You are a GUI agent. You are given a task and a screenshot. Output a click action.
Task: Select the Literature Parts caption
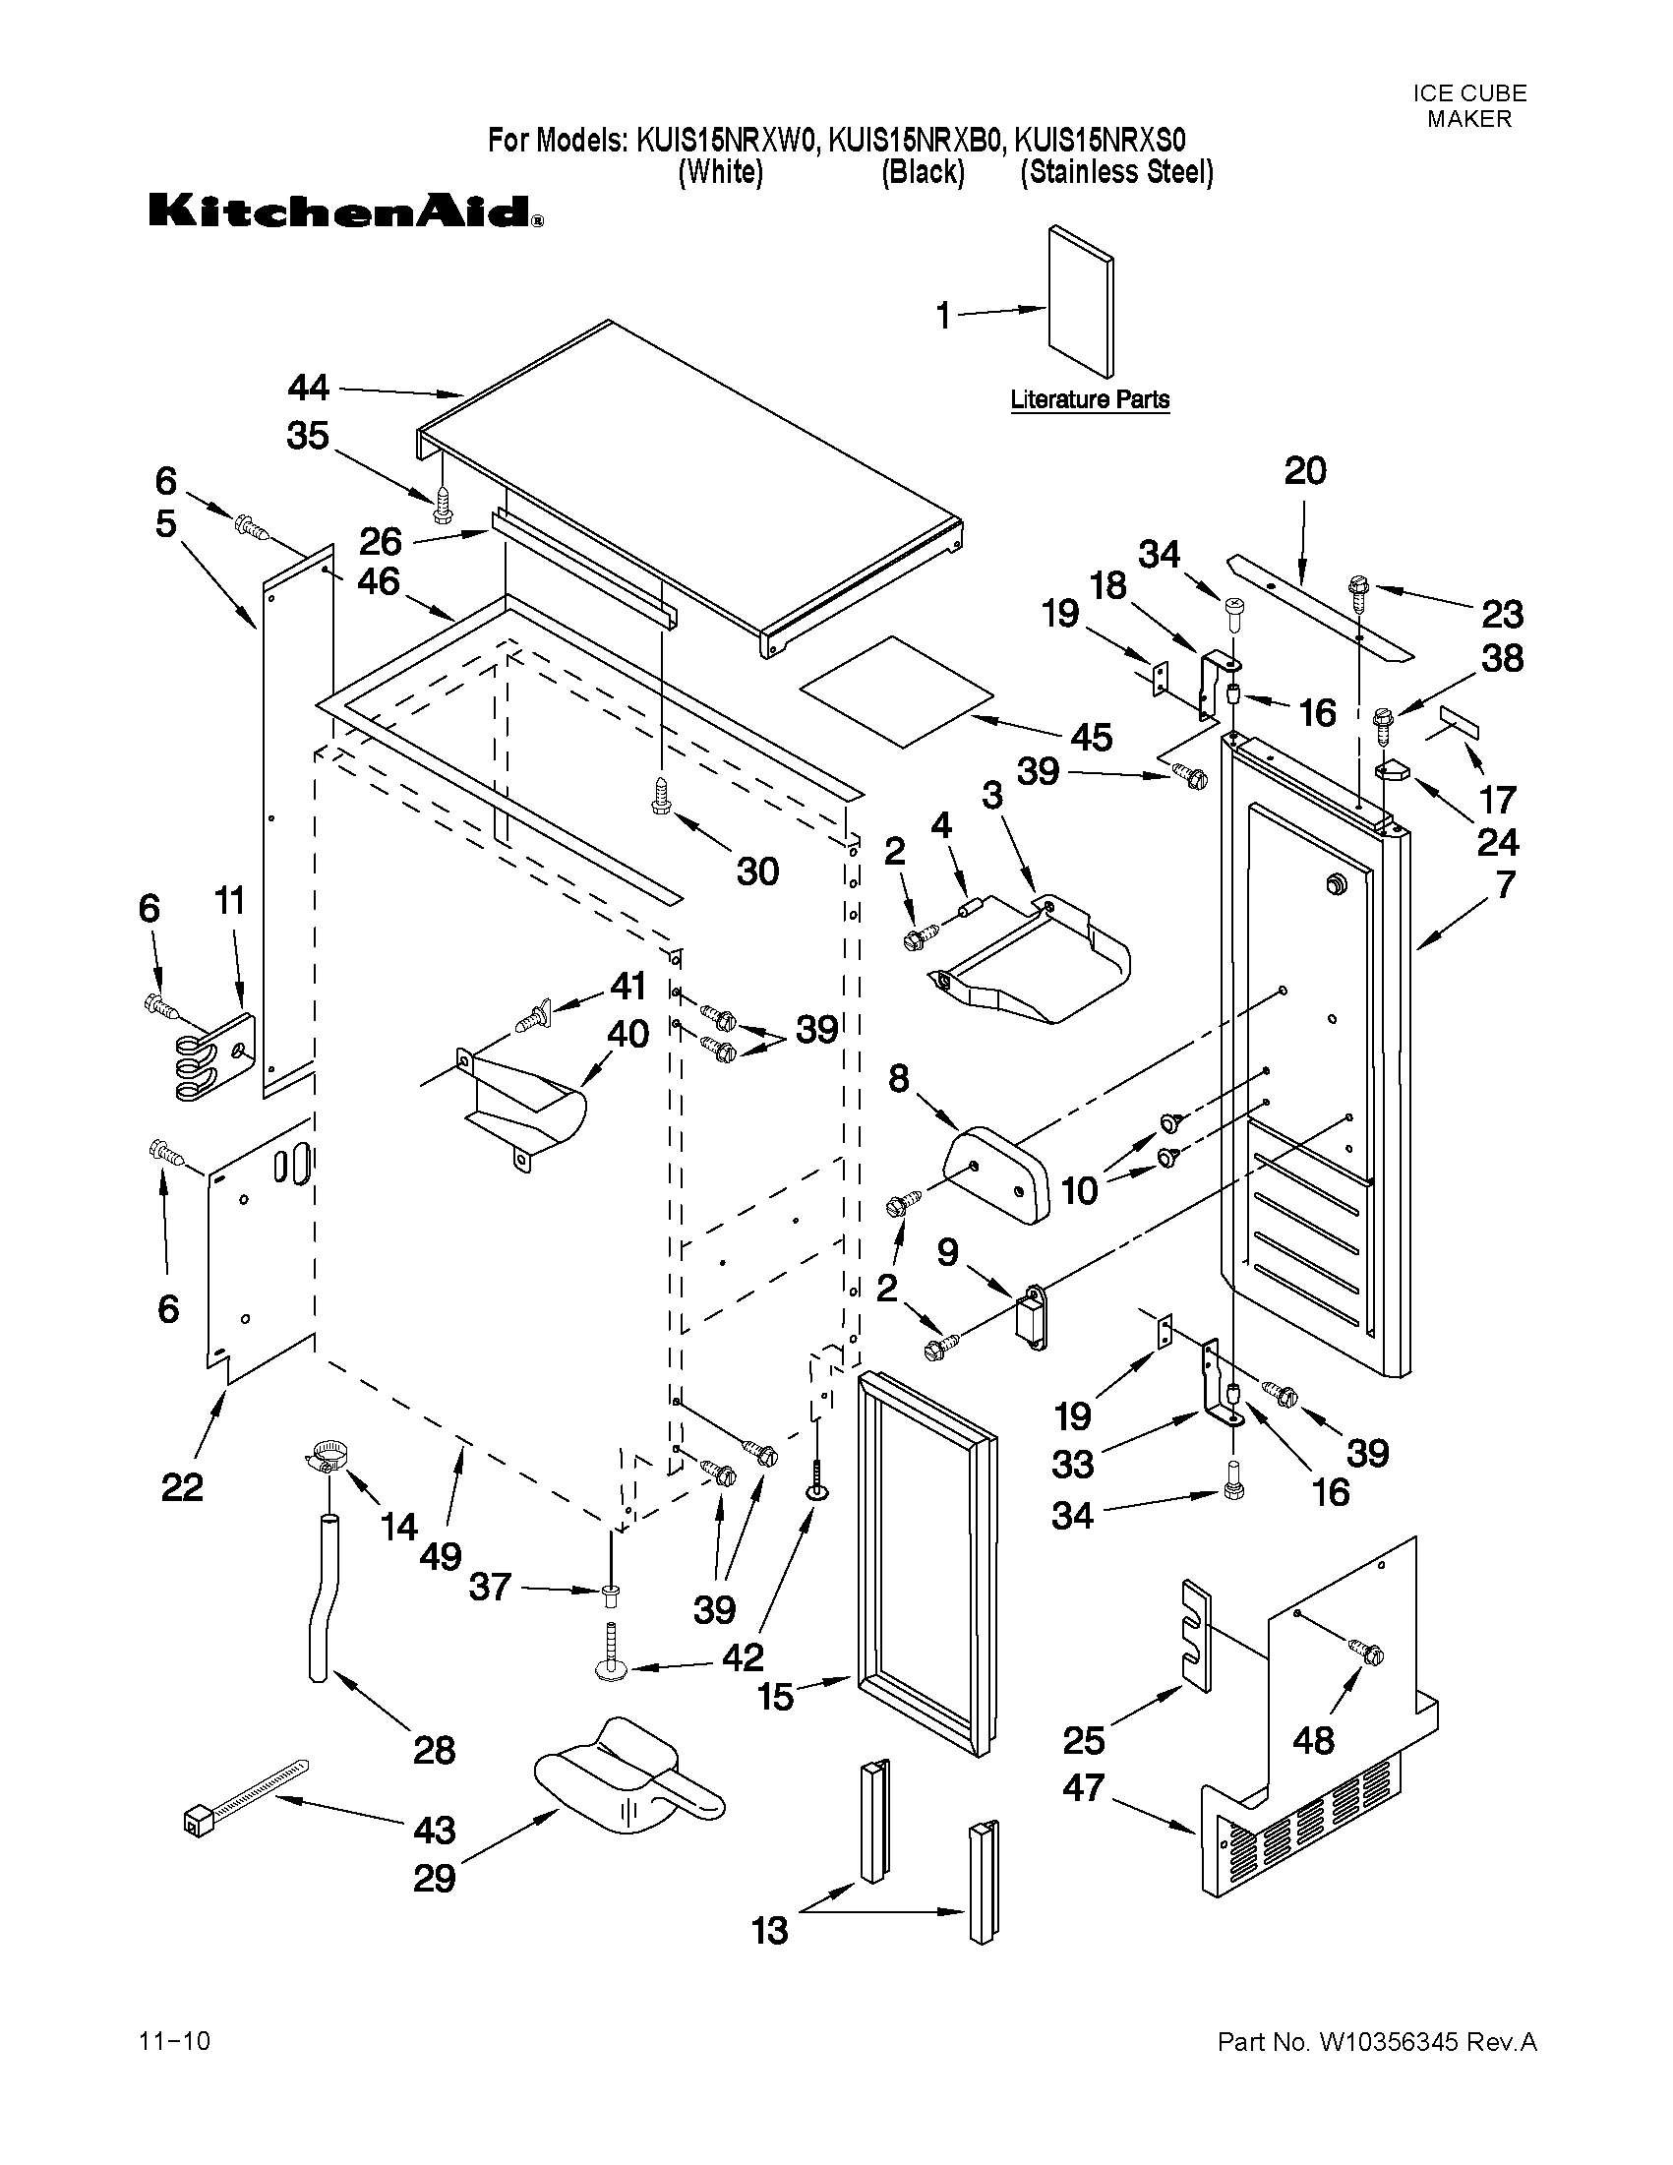[1089, 399]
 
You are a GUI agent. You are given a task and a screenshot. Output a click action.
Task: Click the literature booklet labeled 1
[1079, 313]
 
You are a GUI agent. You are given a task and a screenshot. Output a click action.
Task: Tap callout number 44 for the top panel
[308, 388]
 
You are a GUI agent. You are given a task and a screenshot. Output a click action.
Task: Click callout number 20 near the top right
[1304, 471]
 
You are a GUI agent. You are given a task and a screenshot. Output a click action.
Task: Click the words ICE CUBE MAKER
[1468, 106]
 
